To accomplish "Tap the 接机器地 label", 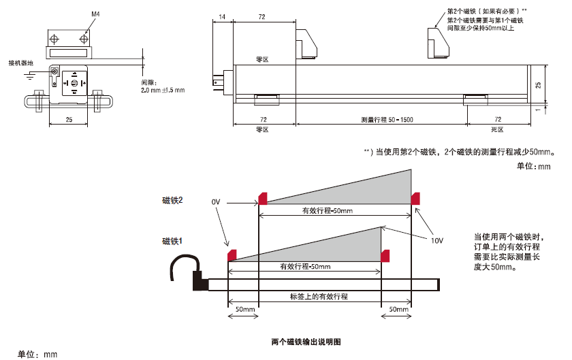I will point(20,63).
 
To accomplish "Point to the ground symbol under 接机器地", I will point(29,77).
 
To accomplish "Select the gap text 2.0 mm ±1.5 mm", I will point(163,90).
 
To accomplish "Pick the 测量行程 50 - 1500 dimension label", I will point(387,120).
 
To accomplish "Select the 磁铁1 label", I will point(172,241).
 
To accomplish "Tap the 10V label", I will point(436,240).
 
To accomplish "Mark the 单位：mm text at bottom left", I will point(37,354).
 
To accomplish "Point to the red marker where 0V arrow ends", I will point(261,198).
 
